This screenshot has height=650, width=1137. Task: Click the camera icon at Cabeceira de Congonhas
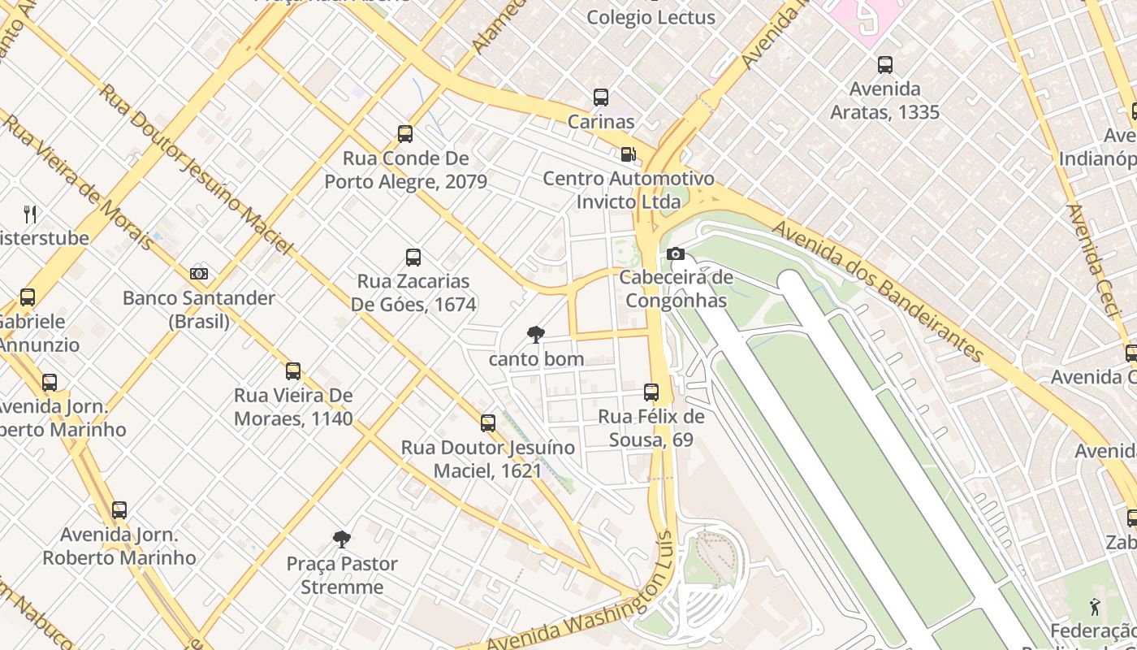tap(675, 254)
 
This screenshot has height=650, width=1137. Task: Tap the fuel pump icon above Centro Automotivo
tap(628, 154)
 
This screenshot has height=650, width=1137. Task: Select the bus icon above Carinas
tap(601, 97)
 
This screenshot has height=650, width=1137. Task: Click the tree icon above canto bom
tap(535, 334)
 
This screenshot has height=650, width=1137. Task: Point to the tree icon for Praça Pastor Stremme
tap(342, 539)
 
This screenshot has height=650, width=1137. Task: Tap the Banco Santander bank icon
tap(199, 274)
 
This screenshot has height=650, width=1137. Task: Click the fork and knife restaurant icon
tap(30, 214)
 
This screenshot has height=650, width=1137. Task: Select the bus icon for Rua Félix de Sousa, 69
tap(651, 392)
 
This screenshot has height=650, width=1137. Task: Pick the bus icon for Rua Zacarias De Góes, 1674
tap(413, 258)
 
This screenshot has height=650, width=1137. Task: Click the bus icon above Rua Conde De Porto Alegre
tap(405, 134)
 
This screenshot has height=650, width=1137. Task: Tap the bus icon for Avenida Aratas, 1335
tap(885, 65)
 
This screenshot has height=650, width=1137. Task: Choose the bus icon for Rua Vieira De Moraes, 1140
tap(293, 371)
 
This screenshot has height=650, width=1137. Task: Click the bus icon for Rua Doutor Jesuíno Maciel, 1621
tap(488, 423)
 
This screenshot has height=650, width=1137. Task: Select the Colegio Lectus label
tap(651, 17)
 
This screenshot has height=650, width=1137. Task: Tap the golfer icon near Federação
tap(1095, 606)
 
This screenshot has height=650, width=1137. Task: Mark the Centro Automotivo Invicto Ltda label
tap(629, 189)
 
